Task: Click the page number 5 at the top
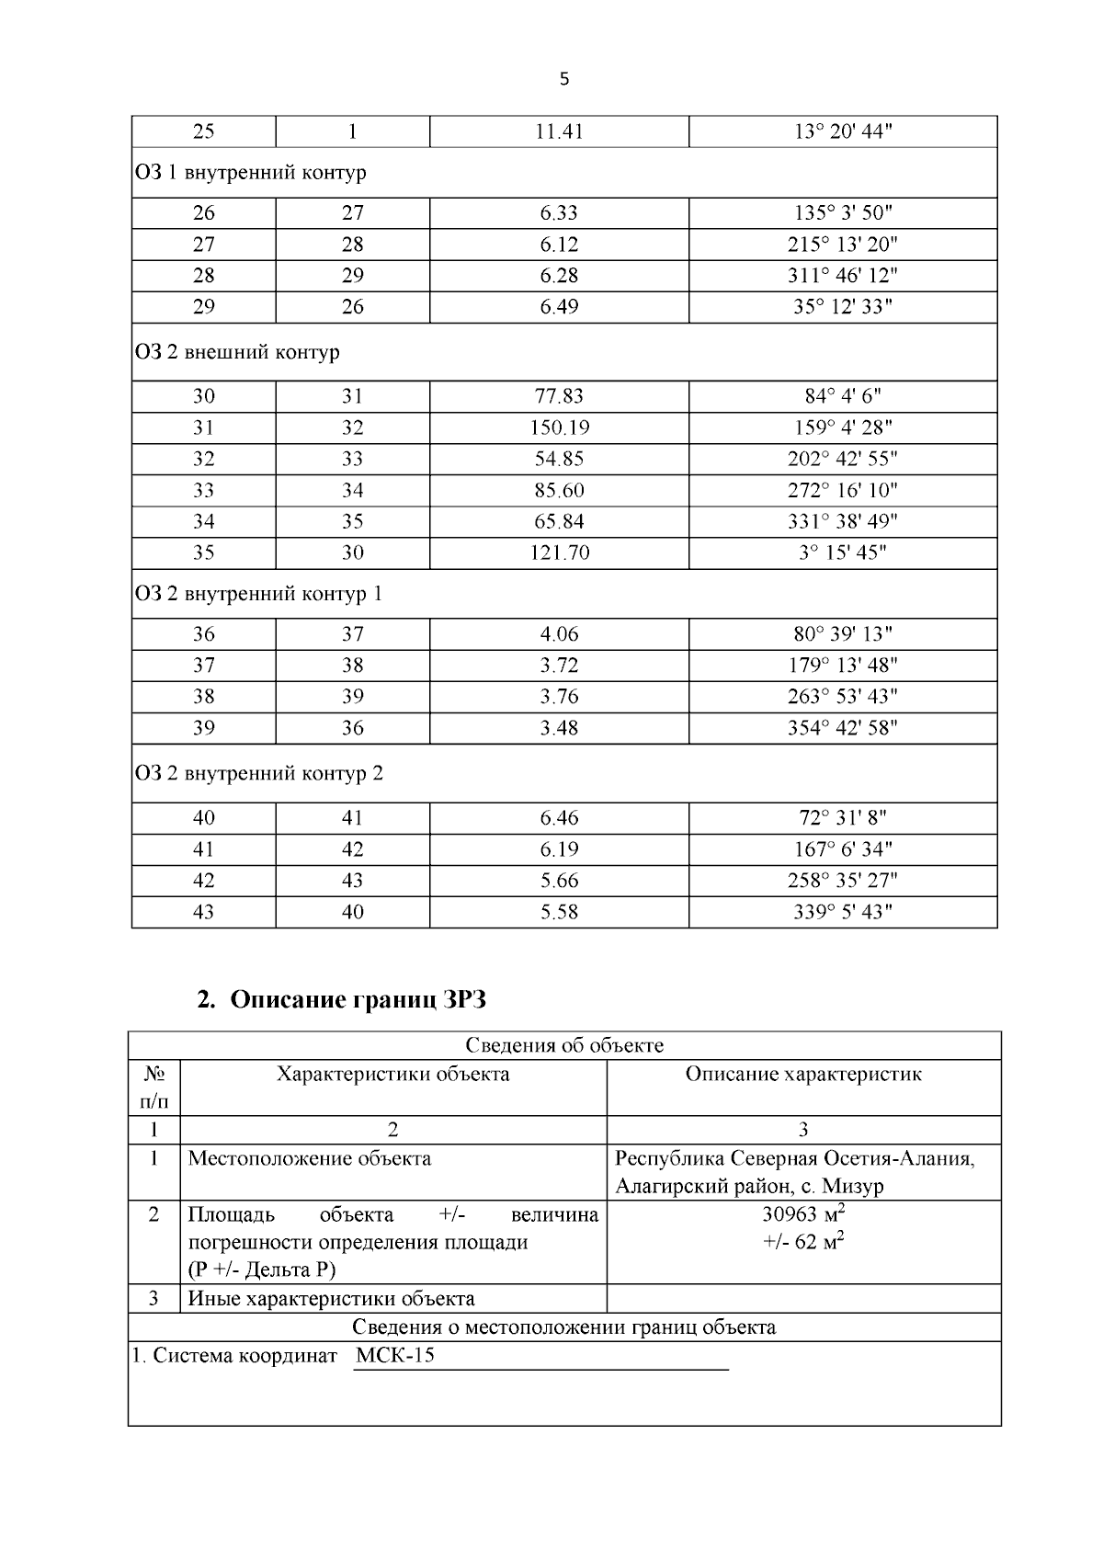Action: tap(563, 79)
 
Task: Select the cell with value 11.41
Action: tap(559, 131)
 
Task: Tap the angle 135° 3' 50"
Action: tap(843, 213)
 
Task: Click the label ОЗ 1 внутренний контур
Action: tap(250, 173)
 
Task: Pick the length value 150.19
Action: tap(559, 427)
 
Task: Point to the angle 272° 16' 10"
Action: tap(843, 490)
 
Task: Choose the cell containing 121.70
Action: tap(559, 552)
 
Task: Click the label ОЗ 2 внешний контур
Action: tap(237, 352)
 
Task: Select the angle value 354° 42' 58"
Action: tap(843, 728)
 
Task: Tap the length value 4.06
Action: tap(559, 634)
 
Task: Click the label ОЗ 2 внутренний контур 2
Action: tap(258, 773)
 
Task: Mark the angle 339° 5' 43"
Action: tap(843, 912)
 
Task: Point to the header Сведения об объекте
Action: tap(563, 1045)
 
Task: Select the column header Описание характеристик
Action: tap(803, 1074)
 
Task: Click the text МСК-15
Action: tap(394, 1355)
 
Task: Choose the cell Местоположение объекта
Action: tap(309, 1158)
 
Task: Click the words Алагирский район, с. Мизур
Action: tap(749, 1186)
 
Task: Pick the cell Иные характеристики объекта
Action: tap(331, 1298)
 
